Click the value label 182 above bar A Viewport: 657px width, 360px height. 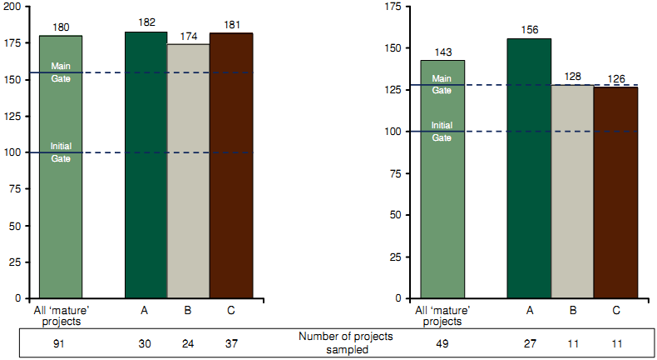point(146,22)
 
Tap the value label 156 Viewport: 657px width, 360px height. point(529,29)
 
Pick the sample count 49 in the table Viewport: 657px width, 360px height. point(442,342)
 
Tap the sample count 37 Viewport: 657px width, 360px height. point(230,342)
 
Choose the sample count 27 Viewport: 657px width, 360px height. point(530,342)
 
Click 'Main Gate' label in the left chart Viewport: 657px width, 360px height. point(61,72)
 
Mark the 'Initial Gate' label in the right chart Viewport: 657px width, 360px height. point(442,132)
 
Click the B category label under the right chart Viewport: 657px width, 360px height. point(572,311)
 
